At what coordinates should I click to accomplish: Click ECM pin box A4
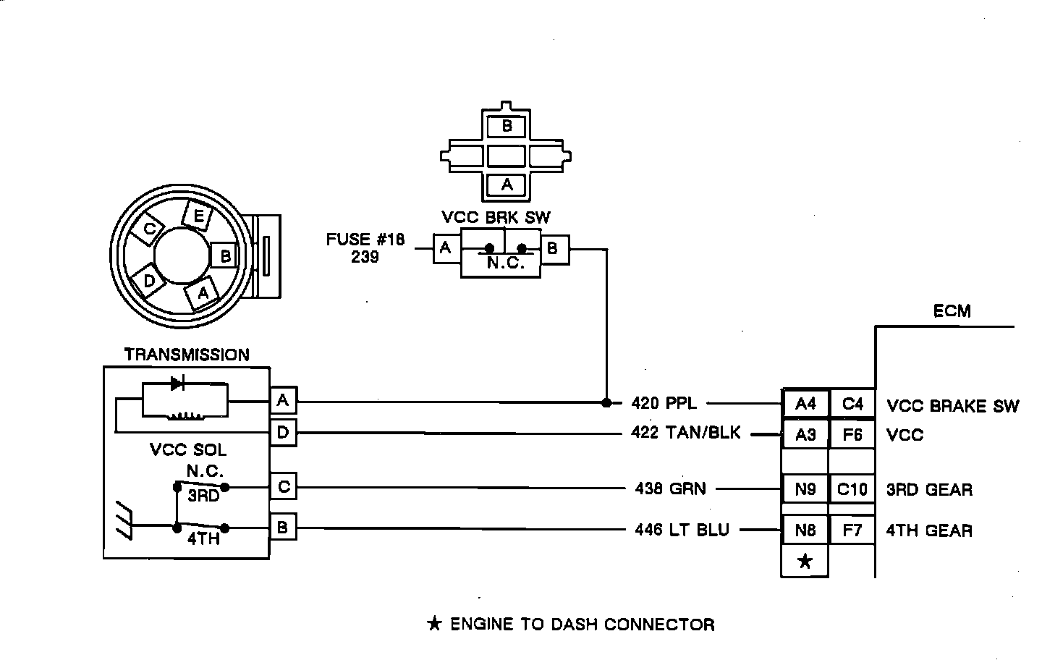tap(805, 404)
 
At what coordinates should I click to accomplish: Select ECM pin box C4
tap(852, 404)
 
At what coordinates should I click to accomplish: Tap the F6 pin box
tap(852, 435)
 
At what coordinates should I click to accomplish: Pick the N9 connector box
tap(805, 489)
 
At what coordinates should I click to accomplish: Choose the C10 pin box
tap(852, 489)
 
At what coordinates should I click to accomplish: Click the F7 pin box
tap(852, 530)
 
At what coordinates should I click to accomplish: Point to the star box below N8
tap(805, 562)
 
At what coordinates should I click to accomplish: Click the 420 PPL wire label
tap(664, 402)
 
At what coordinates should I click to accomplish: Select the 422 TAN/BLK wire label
tap(685, 433)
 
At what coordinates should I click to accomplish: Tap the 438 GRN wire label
tap(670, 488)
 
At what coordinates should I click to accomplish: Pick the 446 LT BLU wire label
tap(682, 530)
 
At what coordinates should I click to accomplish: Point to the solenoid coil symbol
tap(186, 415)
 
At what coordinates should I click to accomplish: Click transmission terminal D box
tap(283, 433)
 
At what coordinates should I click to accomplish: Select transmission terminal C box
tap(283, 487)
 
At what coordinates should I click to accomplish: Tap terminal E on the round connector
tap(198, 216)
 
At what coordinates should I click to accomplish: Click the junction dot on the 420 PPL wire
tap(606, 402)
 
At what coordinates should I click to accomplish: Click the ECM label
tap(952, 311)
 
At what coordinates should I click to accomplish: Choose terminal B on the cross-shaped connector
tap(507, 126)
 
